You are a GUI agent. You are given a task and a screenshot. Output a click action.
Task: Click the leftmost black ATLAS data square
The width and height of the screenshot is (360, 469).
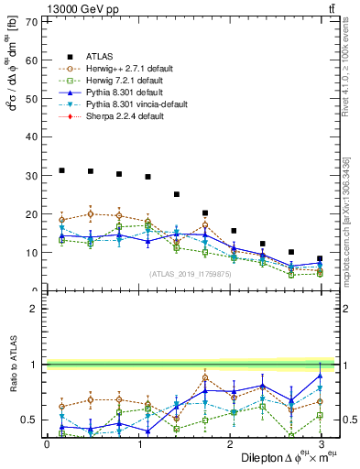coord(61,170)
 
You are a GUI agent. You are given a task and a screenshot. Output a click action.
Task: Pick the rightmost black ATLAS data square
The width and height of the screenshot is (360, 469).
coord(320,259)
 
